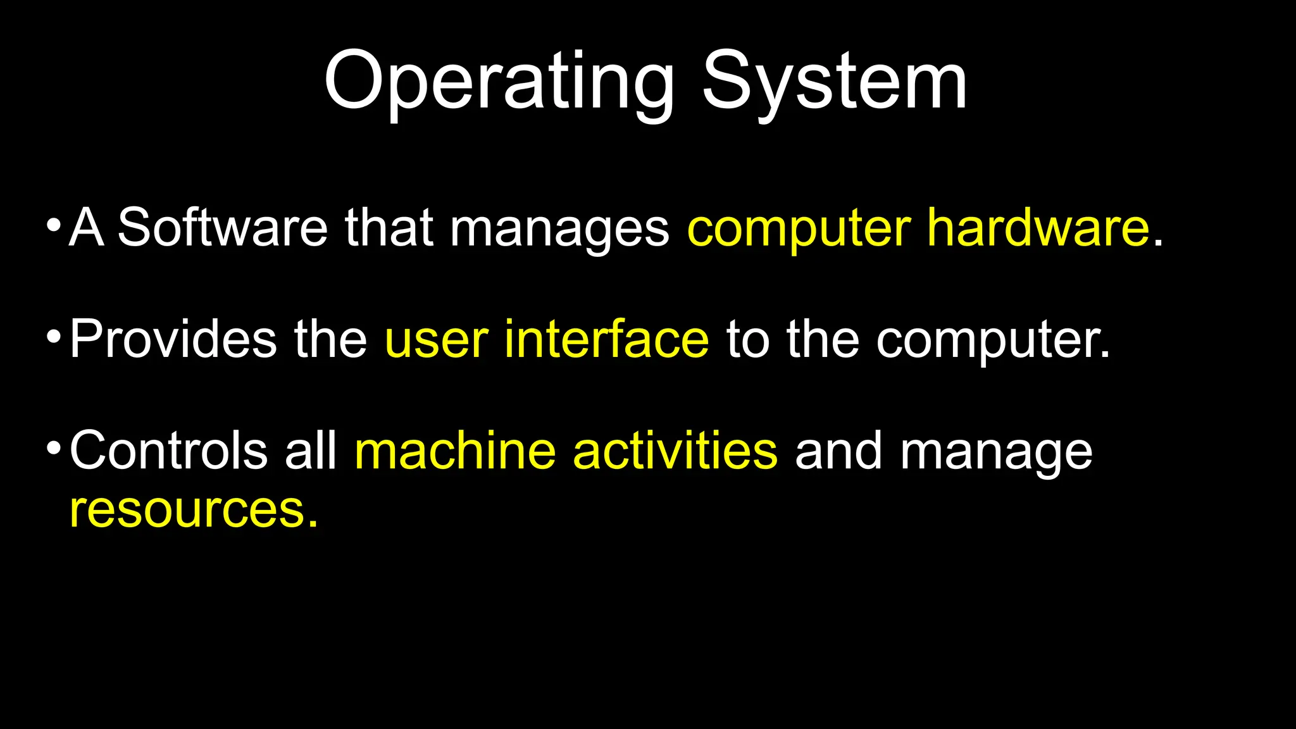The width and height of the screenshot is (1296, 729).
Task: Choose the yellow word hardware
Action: click(1038, 228)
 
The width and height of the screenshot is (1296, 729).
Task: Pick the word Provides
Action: click(173, 339)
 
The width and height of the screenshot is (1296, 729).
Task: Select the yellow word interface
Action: click(606, 339)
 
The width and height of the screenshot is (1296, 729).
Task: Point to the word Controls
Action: click(168, 451)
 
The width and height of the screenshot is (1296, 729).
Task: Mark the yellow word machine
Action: click(455, 451)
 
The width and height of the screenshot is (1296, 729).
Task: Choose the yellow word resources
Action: click(192, 510)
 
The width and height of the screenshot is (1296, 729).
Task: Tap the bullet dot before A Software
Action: click(54, 225)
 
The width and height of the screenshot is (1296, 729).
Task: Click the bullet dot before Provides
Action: click(54, 336)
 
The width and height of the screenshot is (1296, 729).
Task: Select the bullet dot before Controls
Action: click(54, 448)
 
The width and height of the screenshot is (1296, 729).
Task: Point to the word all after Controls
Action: click(311, 451)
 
